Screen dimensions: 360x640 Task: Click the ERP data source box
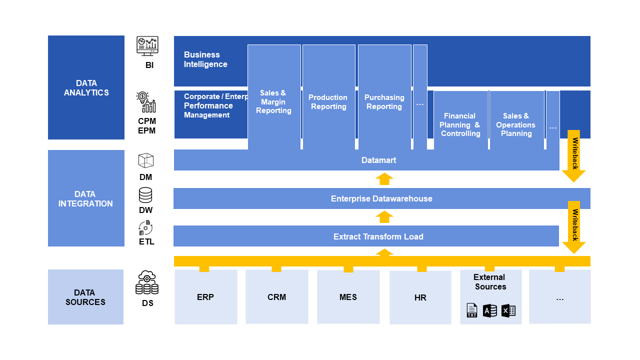coord(205,297)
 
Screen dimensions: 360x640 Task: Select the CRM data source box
coord(276,297)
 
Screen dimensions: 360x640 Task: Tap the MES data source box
coord(348,297)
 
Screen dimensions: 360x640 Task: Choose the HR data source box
coord(420,297)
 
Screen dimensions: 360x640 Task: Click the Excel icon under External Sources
coord(508,310)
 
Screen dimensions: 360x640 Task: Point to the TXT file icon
coord(471,310)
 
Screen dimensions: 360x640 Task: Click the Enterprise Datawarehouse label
coord(381,198)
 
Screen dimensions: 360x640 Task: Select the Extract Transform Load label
coord(378,236)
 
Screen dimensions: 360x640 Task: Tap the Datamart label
coord(378,160)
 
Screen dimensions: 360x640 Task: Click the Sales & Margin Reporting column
coord(274,102)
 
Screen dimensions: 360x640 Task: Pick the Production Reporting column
coord(328,102)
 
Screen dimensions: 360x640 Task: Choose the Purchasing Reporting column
coord(384,102)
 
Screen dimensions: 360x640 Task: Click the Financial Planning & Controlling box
coord(460,124)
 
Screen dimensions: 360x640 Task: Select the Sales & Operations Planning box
coord(516,124)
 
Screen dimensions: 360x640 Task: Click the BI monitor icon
coord(147,46)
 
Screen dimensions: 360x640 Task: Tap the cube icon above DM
coord(145,160)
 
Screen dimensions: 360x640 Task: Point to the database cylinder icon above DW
coord(145,195)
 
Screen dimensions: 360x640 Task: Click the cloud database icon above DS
coord(147,283)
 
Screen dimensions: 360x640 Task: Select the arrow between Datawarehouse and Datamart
coord(384,179)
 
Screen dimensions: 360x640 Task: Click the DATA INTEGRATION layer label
coord(85,198)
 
